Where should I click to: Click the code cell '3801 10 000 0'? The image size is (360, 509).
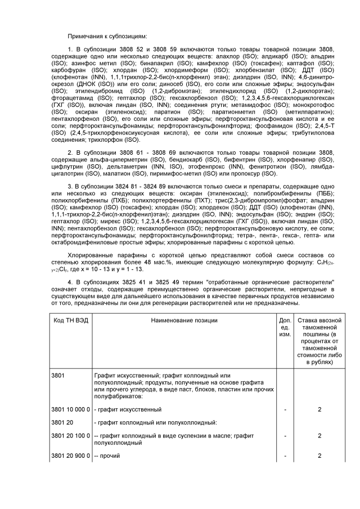tap(70, 409)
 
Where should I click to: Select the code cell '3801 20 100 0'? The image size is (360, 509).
tap(70, 435)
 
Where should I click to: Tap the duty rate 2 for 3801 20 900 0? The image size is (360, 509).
tap(319, 455)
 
